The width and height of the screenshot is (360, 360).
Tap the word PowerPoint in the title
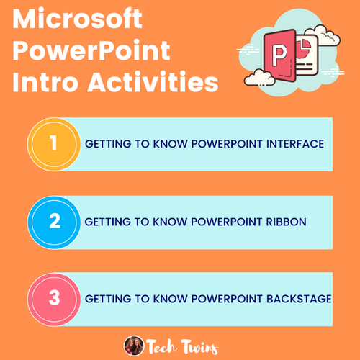91,50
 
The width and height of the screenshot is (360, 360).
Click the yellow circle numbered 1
52,143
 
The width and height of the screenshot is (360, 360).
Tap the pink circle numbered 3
52,298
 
